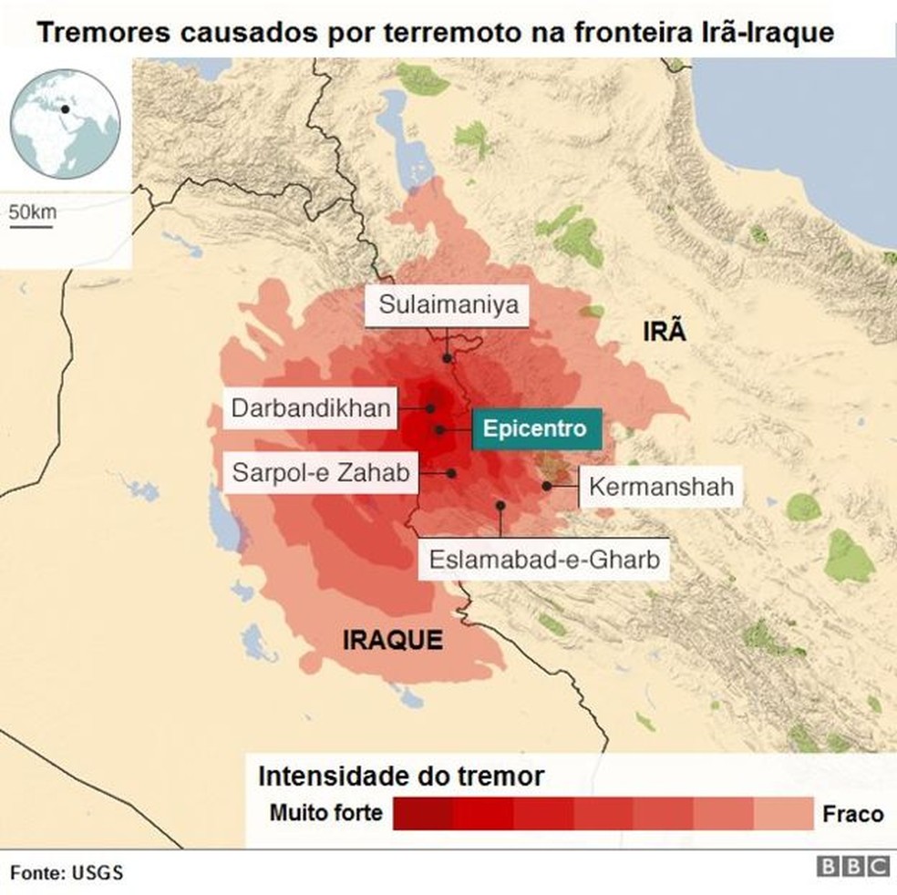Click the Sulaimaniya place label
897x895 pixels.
click(x=448, y=304)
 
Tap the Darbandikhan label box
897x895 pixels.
click(x=311, y=407)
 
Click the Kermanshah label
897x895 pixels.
click(x=661, y=487)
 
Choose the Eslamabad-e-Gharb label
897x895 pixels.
click(x=544, y=558)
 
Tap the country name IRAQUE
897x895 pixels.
click(x=393, y=640)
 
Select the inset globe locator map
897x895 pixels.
click(x=65, y=121)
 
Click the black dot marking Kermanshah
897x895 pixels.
click(x=546, y=486)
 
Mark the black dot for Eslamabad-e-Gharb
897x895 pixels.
click(x=500, y=504)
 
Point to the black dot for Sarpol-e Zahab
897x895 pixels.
click(x=451, y=473)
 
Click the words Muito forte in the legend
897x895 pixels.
click(x=326, y=812)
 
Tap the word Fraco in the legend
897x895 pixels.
click(x=852, y=812)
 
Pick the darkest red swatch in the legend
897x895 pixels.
click(x=423, y=813)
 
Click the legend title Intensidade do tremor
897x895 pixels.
click(x=401, y=777)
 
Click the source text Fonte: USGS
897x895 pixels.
click(x=67, y=872)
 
